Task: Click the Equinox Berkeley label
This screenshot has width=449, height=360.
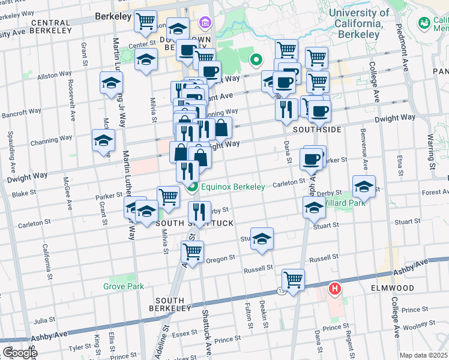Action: tap(233, 187)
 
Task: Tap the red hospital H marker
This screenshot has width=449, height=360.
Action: tap(334, 289)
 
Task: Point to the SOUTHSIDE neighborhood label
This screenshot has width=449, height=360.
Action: tap(317, 130)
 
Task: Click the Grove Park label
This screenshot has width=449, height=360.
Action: tap(123, 286)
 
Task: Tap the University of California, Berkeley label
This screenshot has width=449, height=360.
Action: tap(351, 23)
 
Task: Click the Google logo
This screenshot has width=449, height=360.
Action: tap(19, 353)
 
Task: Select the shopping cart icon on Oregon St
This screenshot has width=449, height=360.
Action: tap(193, 252)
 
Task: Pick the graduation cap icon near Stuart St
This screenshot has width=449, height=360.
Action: tap(262, 238)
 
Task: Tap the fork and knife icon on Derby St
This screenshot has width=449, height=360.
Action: tap(199, 211)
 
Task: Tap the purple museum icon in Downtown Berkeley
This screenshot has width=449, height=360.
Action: tap(205, 23)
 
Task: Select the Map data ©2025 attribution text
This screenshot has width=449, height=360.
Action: tap(424, 355)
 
